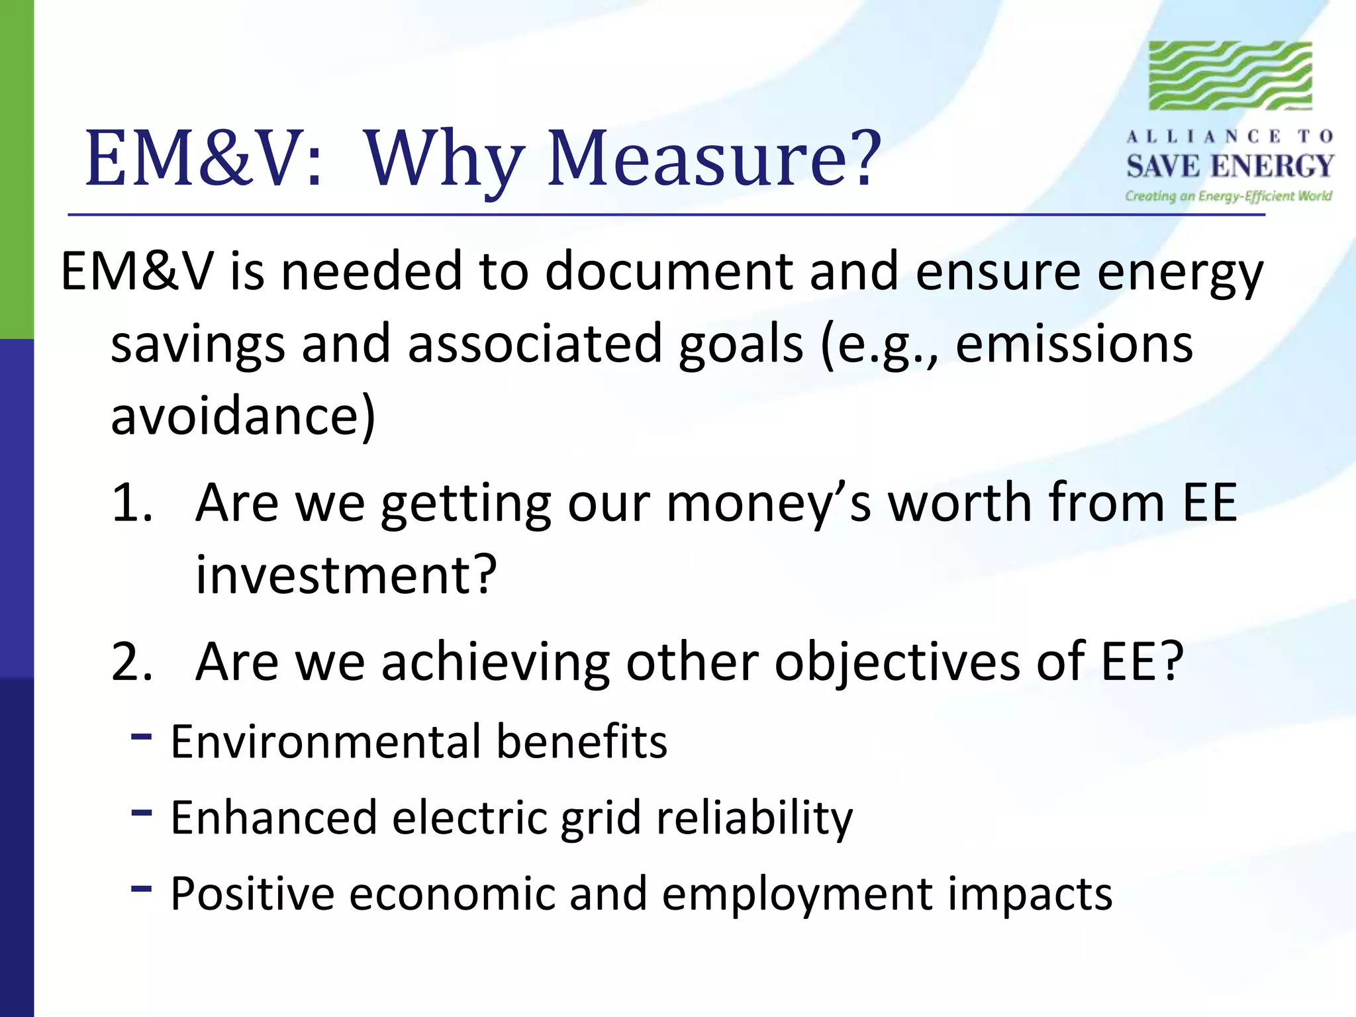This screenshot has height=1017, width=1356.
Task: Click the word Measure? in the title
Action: [x=714, y=159]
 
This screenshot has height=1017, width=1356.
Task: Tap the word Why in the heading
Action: [x=442, y=159]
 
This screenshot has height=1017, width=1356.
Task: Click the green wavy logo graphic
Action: [x=1230, y=75]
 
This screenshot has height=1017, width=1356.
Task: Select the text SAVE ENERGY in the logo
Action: [x=1230, y=166]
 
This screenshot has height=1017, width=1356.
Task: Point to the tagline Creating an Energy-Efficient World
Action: [x=1228, y=196]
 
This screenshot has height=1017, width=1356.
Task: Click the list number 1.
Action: [x=131, y=503]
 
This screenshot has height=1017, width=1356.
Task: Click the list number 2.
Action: [x=131, y=661]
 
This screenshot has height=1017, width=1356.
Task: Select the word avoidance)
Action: [x=243, y=416]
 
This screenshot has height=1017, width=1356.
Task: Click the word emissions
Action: [x=1074, y=344]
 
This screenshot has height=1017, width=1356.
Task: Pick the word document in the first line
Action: [x=669, y=271]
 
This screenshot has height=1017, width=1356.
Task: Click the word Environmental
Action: [x=325, y=742]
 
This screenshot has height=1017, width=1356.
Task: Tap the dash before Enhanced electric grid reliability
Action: [x=142, y=812]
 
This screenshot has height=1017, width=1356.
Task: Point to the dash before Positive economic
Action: [x=142, y=888]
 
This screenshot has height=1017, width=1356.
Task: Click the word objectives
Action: [x=897, y=661]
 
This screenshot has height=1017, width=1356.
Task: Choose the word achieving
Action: [x=495, y=661]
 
